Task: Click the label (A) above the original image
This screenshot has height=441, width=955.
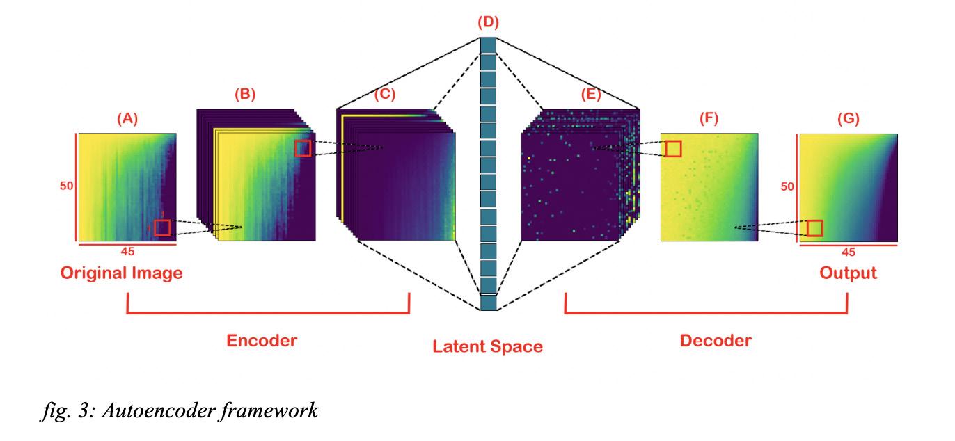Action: pyautogui.click(x=127, y=119)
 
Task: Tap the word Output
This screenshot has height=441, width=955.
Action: pyautogui.click(x=848, y=273)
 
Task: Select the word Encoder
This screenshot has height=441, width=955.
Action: pyautogui.click(x=262, y=341)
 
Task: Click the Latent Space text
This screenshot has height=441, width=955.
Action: pyautogui.click(x=487, y=346)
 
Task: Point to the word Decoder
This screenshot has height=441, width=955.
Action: pyautogui.click(x=715, y=341)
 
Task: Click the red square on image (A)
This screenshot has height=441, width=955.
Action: pyautogui.click(x=162, y=227)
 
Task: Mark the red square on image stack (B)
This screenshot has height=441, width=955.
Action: pyautogui.click(x=302, y=148)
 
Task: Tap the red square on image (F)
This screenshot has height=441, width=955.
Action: pyautogui.click(x=673, y=148)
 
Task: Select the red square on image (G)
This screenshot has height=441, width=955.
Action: pyautogui.click(x=814, y=227)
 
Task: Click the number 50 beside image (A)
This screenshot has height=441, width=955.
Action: pyautogui.click(x=63, y=186)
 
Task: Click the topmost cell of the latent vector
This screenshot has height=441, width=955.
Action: pyautogui.click(x=489, y=44)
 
